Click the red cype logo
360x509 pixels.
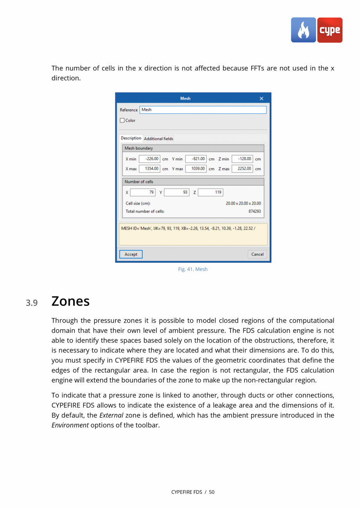[329, 30]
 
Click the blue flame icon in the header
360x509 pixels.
[303, 30]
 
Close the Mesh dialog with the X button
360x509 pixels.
[261, 98]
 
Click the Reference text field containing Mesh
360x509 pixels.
[203, 110]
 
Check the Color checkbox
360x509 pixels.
[122, 121]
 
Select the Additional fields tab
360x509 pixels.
[158, 139]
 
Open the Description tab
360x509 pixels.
[131, 138]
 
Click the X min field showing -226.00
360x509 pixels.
[149, 159]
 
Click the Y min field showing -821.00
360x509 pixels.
[196, 159]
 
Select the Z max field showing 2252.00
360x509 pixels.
[243, 169]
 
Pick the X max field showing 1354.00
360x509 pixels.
[149, 169]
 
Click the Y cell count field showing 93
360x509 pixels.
[176, 192]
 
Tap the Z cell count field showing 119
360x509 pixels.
[210, 192]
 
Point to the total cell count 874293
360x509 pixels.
[254, 211]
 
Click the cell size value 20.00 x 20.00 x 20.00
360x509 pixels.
[243, 204]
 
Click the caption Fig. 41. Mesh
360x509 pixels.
[193, 269]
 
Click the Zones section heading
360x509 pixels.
[70, 301]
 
